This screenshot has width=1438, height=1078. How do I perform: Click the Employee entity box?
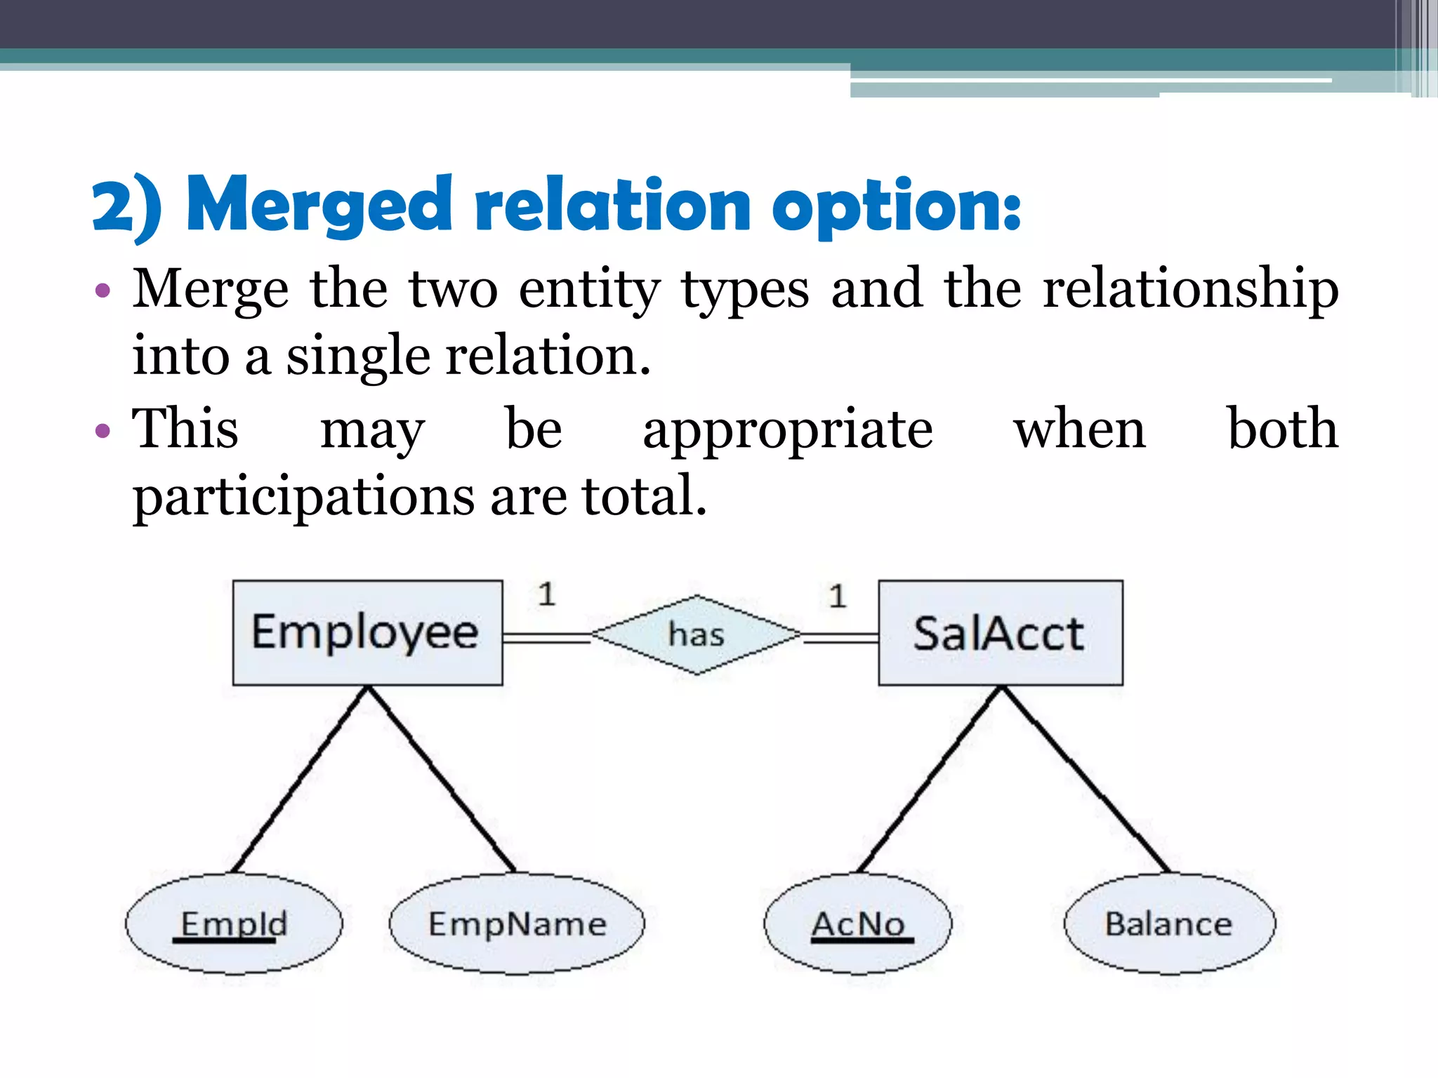click(x=367, y=632)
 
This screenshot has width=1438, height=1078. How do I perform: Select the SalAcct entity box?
click(x=1000, y=632)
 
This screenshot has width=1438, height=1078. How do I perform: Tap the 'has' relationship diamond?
click(x=696, y=634)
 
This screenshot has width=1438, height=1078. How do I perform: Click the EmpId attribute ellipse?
click(x=234, y=924)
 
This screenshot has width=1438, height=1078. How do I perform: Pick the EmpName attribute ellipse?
click(x=517, y=924)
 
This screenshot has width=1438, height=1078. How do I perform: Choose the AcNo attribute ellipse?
click(x=858, y=924)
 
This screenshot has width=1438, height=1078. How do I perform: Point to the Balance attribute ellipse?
click(x=1169, y=924)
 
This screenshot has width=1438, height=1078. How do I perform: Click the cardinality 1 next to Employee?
click(x=546, y=594)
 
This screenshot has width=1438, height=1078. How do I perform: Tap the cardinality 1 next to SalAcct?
click(x=837, y=596)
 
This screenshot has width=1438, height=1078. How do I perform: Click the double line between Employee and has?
click(x=546, y=638)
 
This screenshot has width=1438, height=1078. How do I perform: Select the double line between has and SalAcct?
click(x=840, y=638)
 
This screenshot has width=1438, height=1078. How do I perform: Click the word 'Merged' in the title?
click(x=319, y=205)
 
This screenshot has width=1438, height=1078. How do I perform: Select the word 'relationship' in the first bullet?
click(x=1190, y=289)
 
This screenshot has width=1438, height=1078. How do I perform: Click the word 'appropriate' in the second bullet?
click(x=788, y=430)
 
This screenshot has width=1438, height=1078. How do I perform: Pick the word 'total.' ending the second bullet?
click(x=644, y=495)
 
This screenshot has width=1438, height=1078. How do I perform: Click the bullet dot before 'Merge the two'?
click(x=103, y=291)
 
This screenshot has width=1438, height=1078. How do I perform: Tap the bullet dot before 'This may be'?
click(x=103, y=430)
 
